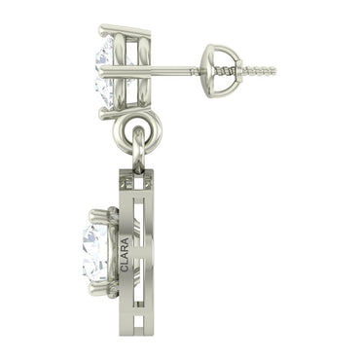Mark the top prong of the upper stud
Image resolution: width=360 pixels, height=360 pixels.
click(109, 30)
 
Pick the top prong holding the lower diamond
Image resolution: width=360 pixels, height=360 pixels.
click(99, 210)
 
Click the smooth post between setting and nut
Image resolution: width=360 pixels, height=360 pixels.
click(165, 70)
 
